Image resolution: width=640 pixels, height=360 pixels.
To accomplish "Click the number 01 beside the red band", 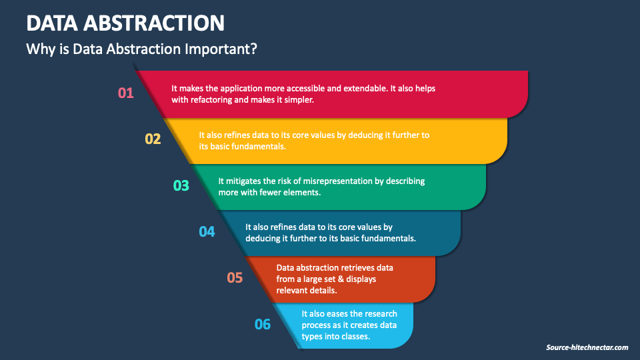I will (126, 93).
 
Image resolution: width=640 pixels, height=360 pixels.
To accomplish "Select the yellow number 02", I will (153, 139).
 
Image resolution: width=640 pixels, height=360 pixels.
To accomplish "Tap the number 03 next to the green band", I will (181, 186).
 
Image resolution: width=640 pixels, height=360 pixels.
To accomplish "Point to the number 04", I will (207, 232).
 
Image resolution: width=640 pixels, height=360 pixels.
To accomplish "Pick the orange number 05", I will (235, 278).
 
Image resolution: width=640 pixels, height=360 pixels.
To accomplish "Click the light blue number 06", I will (263, 325).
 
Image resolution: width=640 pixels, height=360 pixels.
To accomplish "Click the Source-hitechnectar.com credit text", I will (587, 347).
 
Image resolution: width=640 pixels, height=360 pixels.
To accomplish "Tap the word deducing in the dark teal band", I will (263, 238).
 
